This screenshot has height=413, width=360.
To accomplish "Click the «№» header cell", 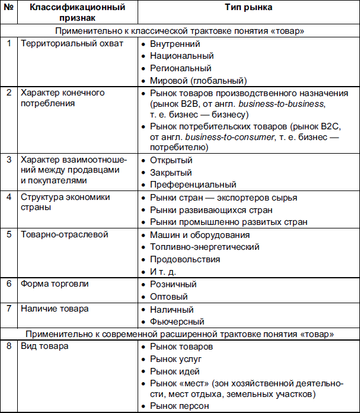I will [x=8, y=8].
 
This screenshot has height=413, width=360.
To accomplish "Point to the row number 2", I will [x=8, y=93].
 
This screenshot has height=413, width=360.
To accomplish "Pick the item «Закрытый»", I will [x=172, y=172].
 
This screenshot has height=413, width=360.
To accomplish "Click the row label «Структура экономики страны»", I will [x=65, y=202].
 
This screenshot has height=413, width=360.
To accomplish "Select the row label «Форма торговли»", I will [x=55, y=284].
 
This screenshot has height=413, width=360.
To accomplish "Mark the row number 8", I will [x=8, y=346].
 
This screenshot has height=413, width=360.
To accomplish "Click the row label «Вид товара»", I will [x=44, y=346].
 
